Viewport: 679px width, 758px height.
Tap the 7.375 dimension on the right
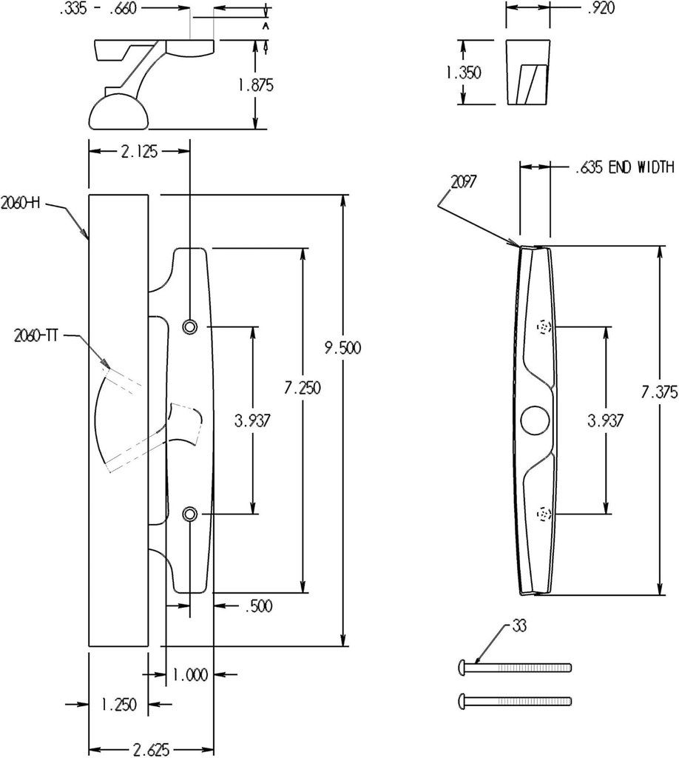[x=658, y=392]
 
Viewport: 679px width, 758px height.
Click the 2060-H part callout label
[x=20, y=202]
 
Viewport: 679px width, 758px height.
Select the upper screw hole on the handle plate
[x=190, y=326]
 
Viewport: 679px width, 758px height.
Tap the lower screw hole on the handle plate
[x=190, y=513]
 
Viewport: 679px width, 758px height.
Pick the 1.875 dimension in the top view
[x=255, y=85]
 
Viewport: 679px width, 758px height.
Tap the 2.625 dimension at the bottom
[x=151, y=750]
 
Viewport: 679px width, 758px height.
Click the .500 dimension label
[x=257, y=607]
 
